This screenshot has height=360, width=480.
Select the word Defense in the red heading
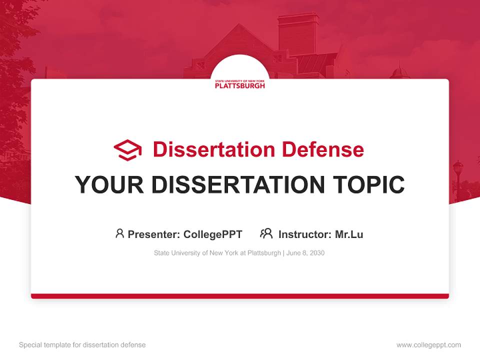click(x=322, y=149)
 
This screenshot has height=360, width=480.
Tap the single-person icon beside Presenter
click(x=119, y=233)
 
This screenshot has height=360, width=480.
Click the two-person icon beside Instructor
click(x=266, y=233)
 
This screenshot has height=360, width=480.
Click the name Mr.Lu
click(x=349, y=234)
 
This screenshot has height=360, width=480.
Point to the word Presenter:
click(x=154, y=234)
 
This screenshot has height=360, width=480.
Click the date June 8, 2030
click(x=306, y=253)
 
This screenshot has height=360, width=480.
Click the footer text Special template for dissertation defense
click(x=82, y=345)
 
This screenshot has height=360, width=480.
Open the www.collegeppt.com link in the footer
click(x=428, y=345)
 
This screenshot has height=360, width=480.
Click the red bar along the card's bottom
click(x=240, y=296)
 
